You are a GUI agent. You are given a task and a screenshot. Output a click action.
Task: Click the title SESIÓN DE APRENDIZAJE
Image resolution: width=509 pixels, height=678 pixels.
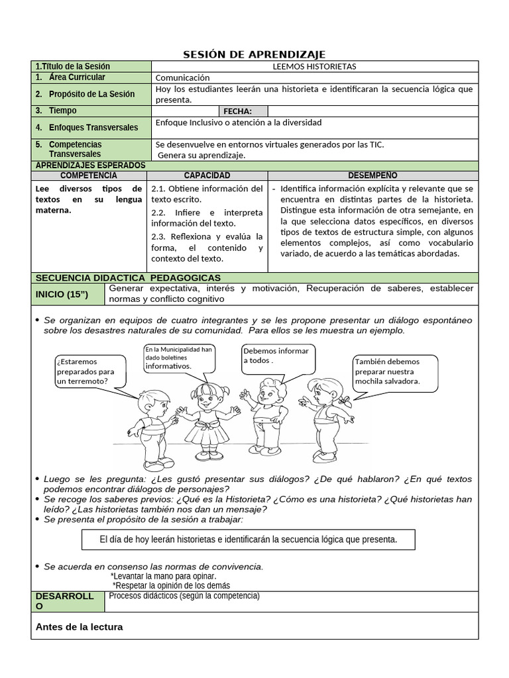click(x=254, y=54)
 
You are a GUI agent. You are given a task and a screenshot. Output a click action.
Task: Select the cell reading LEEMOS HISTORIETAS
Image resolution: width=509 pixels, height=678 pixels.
click(x=314, y=66)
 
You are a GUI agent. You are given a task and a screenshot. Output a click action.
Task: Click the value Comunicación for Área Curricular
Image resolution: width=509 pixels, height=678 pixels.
click(x=182, y=77)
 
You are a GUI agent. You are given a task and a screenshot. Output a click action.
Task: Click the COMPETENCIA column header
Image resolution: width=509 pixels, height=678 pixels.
click(x=88, y=175)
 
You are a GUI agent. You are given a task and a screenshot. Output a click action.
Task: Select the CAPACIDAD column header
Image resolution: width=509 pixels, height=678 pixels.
click(x=207, y=175)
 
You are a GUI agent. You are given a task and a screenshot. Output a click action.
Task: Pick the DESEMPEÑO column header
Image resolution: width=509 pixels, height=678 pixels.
click(x=372, y=175)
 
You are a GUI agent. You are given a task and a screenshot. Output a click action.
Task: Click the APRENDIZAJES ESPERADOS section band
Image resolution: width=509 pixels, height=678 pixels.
click(x=89, y=165)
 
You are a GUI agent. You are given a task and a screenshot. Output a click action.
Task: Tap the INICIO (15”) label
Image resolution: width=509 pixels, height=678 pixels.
click(x=61, y=293)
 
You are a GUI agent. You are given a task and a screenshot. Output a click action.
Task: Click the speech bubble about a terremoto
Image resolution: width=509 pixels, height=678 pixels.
click(x=85, y=371)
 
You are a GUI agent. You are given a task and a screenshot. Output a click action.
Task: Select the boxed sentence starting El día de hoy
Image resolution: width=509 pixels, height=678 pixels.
click(x=249, y=540)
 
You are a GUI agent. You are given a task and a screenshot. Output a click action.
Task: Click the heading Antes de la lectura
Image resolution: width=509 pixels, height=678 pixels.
click(x=79, y=626)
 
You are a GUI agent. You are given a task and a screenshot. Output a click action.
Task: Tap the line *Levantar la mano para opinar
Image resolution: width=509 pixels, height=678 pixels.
click(x=163, y=576)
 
